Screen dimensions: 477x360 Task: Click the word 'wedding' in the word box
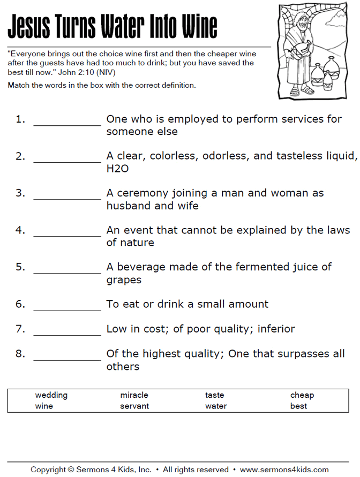[51, 395]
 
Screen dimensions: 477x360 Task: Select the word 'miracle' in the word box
[134, 395]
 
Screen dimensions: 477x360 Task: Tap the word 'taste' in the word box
[214, 395]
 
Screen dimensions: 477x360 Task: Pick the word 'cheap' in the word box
[302, 395]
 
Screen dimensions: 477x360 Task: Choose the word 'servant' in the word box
[134, 406]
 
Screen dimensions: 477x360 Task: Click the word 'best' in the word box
[298, 406]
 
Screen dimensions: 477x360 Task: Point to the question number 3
[20, 193]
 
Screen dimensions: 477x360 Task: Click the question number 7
[20, 329]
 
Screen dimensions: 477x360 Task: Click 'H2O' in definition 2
[117, 169]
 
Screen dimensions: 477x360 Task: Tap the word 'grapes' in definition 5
[124, 280]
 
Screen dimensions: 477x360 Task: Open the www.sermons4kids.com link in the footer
[284, 470]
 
